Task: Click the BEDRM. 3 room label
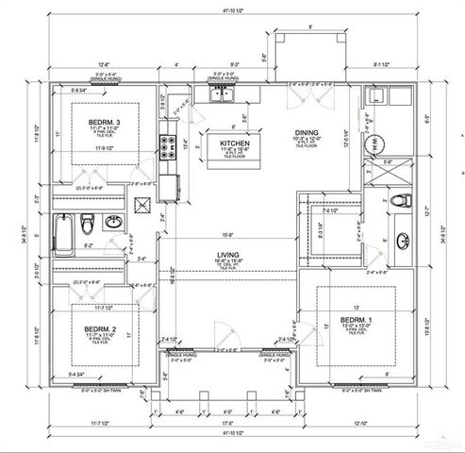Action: coord(104,122)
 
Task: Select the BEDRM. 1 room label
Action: coord(357,323)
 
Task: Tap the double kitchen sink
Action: coord(224,92)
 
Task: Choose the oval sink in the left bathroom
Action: coord(112,224)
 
